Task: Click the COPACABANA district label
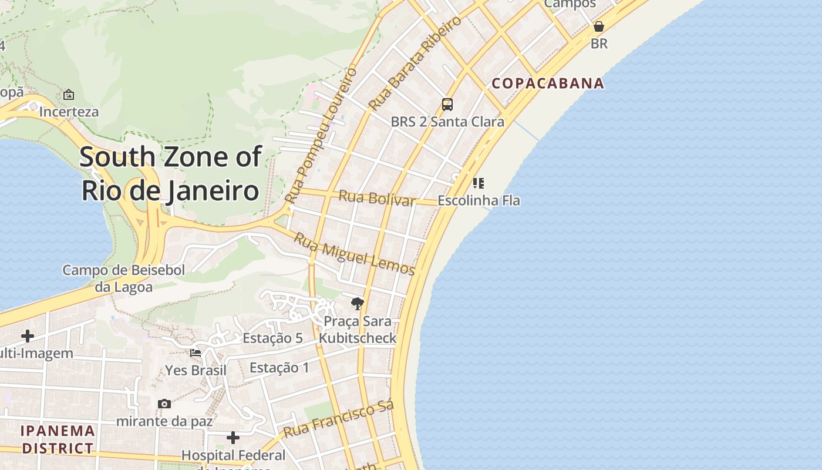(548, 83)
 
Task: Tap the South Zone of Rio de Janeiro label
(170, 174)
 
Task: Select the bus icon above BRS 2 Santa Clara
(447, 105)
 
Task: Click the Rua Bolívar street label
(377, 198)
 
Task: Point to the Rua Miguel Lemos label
(354, 254)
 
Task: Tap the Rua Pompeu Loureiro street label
(321, 135)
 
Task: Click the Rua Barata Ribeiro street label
(415, 63)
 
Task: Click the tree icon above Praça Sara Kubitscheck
(357, 303)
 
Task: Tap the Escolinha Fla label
(479, 200)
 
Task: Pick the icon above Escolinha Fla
(479, 183)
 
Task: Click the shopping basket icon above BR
(599, 26)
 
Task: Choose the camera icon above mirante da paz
(164, 404)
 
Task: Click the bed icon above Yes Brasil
(196, 353)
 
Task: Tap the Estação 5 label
(272, 338)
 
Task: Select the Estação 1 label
(279, 368)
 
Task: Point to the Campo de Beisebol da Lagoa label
(124, 278)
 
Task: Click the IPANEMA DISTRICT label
(58, 439)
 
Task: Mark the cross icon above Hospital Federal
(233, 438)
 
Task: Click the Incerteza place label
(69, 112)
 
